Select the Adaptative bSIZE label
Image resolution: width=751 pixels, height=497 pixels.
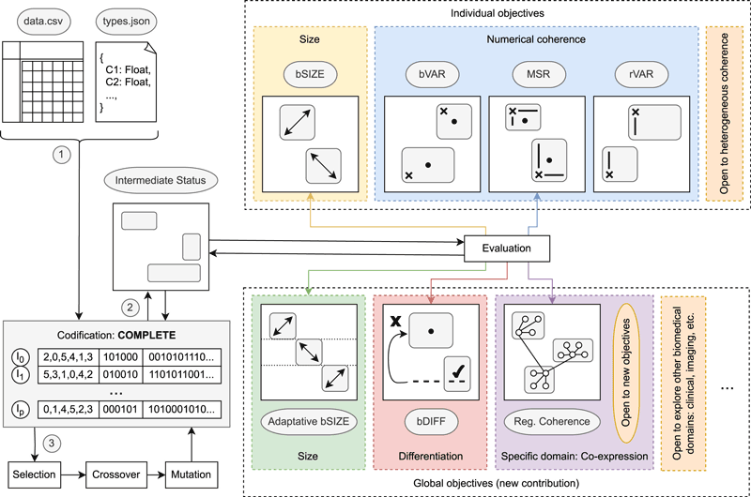(x=309, y=422)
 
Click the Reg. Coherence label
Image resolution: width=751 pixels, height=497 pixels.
(x=547, y=422)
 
